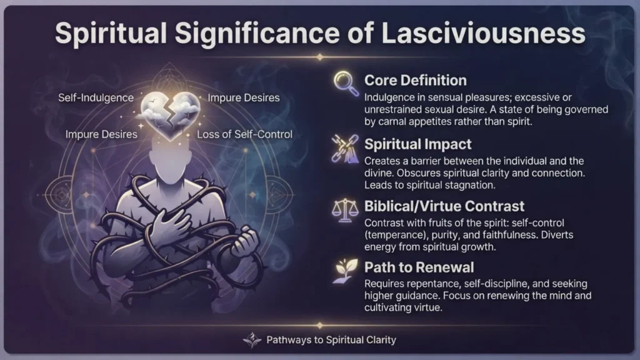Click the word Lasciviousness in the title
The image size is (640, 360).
483,34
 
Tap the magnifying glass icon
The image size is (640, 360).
346,83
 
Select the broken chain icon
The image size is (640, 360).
345,148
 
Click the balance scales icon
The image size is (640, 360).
345,211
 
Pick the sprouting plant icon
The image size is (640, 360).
345,271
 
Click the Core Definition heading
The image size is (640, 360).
416,81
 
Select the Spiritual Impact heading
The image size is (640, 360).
418,144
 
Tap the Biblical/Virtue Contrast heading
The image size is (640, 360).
444,206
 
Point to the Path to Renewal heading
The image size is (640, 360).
419,267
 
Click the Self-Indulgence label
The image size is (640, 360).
96,98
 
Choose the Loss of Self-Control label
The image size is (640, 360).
244,134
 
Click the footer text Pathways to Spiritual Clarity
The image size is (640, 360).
331,340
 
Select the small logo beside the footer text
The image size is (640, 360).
252,339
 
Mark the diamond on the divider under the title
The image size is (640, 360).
320,57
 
